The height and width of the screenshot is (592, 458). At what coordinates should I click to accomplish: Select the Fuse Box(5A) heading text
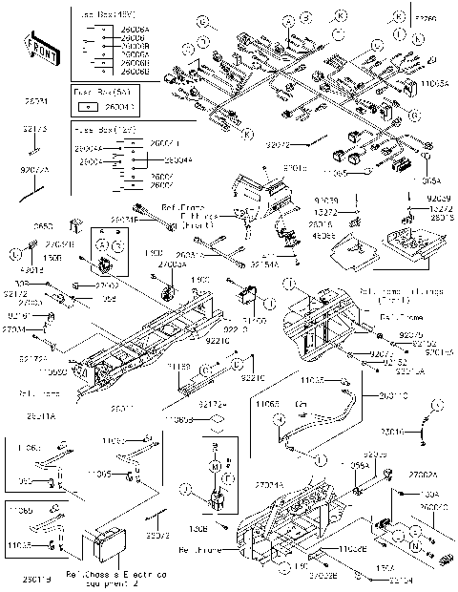pos(93,92)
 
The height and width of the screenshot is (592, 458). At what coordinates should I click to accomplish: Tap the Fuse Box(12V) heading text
pos(94,126)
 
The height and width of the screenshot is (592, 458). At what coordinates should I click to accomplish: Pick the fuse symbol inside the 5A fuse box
pos(81,108)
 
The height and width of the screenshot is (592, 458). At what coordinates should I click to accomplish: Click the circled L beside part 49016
pos(16,255)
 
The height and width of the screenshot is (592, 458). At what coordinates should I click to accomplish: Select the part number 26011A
pos(41,417)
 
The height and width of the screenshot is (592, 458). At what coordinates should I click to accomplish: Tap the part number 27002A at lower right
pos(423,475)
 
